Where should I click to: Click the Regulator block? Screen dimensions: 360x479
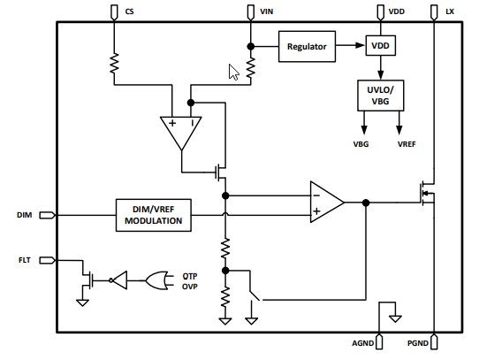click(x=307, y=46)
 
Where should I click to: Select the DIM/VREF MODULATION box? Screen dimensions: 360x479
click(x=154, y=214)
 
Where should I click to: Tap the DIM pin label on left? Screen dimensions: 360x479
click(x=25, y=214)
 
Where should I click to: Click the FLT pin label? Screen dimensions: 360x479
click(x=25, y=260)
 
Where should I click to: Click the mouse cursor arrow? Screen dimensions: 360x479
click(x=233, y=73)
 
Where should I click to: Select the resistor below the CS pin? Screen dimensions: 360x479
click(x=114, y=64)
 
